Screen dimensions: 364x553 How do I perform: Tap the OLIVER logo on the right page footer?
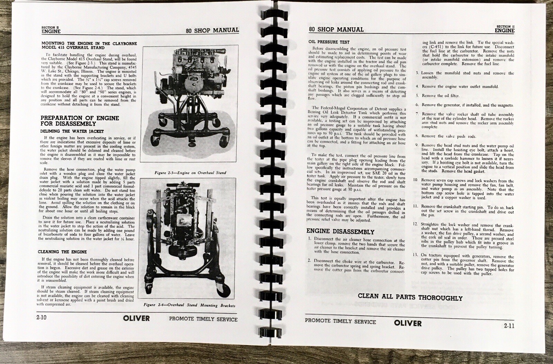[x=407, y=323]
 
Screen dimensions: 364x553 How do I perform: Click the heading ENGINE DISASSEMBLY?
[x=340, y=231]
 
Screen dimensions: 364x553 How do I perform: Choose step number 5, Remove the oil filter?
[x=417, y=95]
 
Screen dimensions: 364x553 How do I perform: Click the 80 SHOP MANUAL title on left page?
[x=212, y=30]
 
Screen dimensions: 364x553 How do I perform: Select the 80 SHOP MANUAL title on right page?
[x=336, y=29]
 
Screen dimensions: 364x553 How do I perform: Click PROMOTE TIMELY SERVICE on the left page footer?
[x=203, y=319]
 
